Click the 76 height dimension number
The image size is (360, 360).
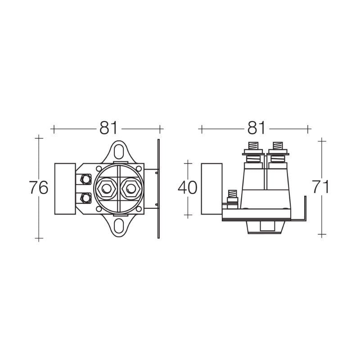tap(38, 188)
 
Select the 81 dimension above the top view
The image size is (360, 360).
tap(108, 128)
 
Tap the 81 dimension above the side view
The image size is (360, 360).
tap(256, 128)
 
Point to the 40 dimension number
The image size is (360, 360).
tap(188, 188)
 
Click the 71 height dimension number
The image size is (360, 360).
tap(320, 187)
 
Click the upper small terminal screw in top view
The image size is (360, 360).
tap(85, 179)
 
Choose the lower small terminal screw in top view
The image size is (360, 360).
tap(85, 197)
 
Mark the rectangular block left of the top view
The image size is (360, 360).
tap(65, 189)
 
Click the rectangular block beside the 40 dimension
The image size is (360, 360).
tap(211, 189)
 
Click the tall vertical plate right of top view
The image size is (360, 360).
tap(158, 189)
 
